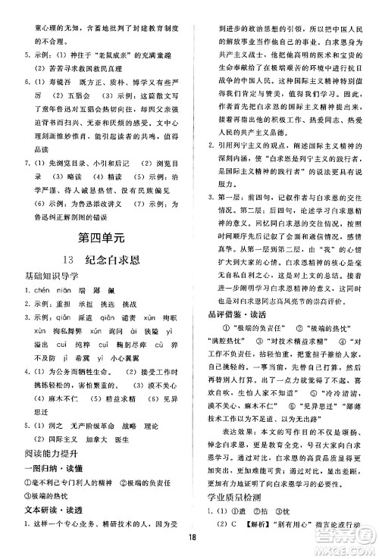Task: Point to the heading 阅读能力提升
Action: tap(43, 454)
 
